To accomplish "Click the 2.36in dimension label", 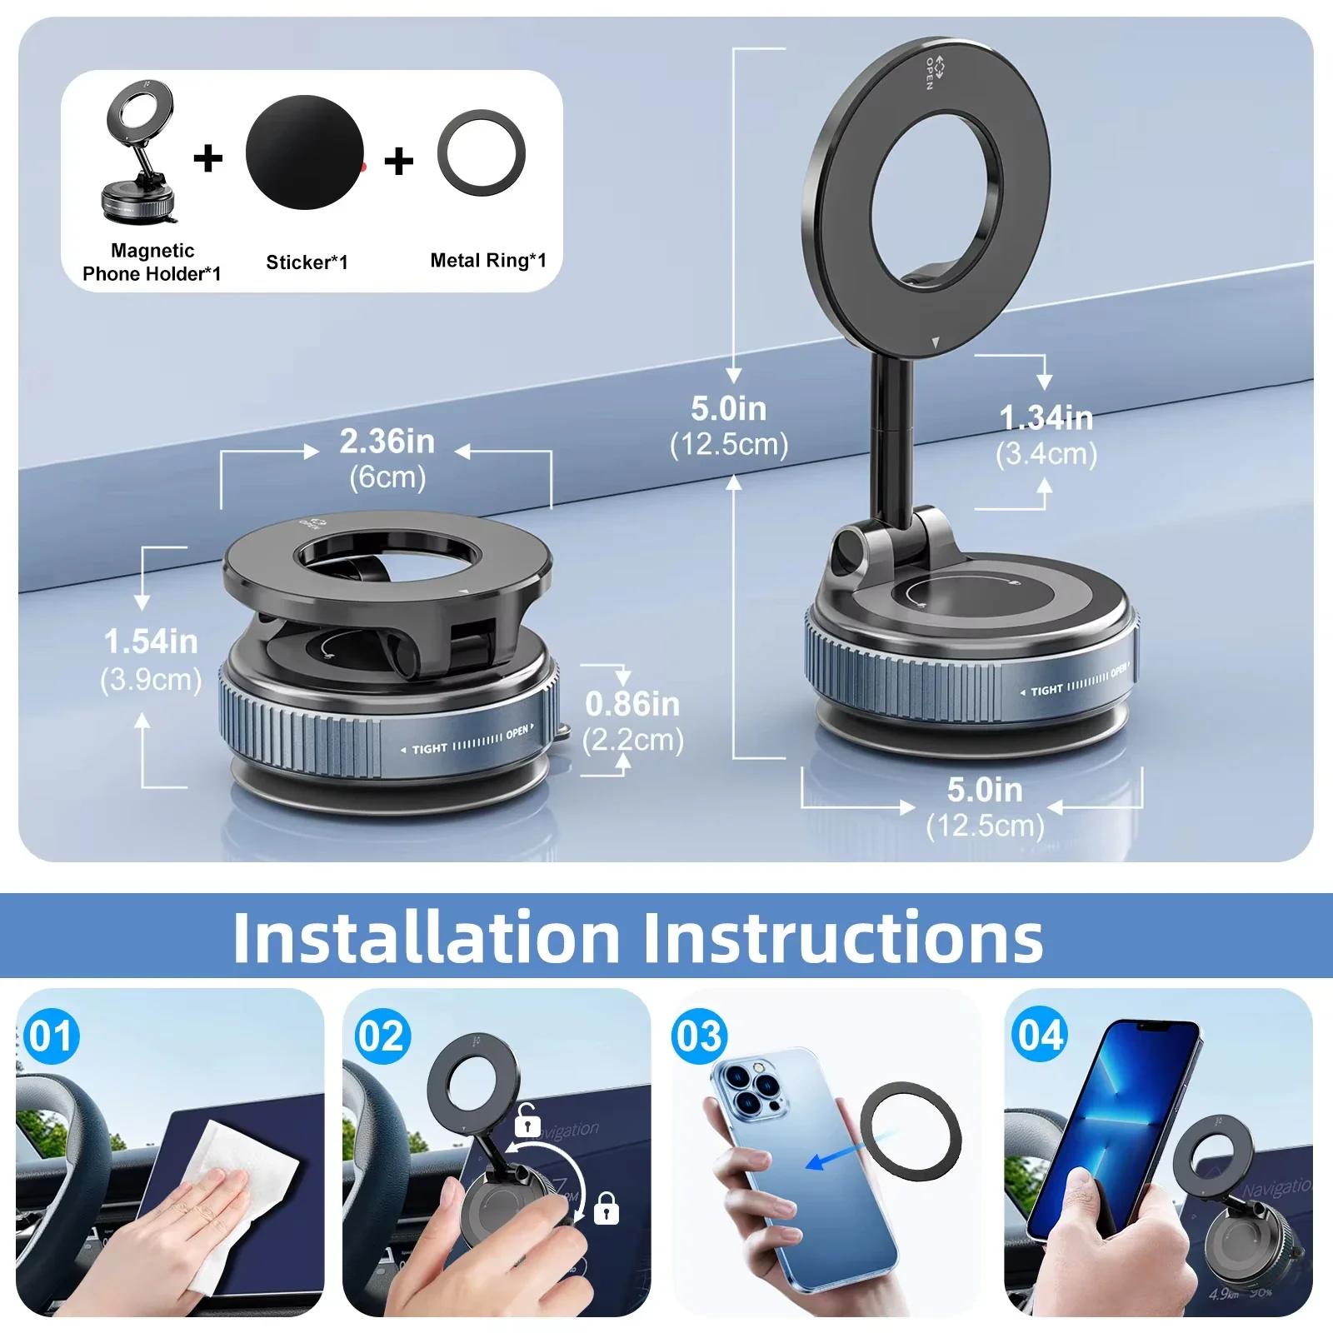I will pos(387,442).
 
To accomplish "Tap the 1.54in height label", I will pos(151,642).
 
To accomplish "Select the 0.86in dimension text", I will pos(632,705).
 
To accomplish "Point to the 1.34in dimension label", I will pos(1046,418).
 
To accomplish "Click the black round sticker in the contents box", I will pos(305,152).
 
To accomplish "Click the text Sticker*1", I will pos(307,262).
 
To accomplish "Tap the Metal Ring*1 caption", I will pos(487,261).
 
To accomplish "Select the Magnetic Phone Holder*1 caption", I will pos(152,262).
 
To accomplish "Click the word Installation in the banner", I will pos(426,938).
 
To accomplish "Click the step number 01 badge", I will pos(51,1036).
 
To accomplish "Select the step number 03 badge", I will pos(700,1036).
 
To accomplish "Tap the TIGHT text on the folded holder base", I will pos(430,749).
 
